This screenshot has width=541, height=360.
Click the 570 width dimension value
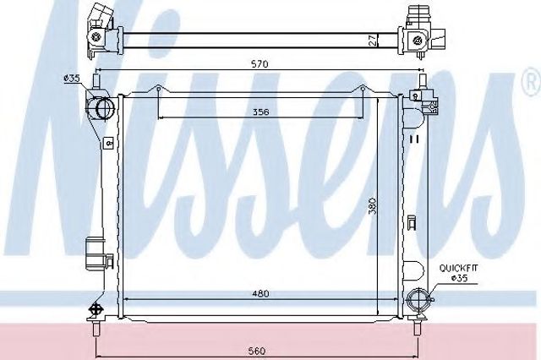click(260, 63)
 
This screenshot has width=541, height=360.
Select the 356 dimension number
click(260, 112)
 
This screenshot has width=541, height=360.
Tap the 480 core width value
click(260, 293)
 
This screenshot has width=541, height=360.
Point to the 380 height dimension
click(372, 206)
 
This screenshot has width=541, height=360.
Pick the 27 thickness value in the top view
click(372, 40)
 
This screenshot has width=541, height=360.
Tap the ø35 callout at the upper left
click(72, 79)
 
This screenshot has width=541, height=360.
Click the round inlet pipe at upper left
click(104, 107)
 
